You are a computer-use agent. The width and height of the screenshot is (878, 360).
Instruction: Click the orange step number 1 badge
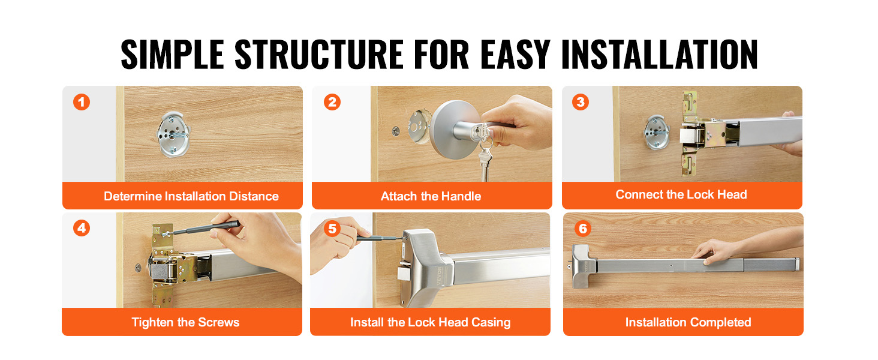point(82,102)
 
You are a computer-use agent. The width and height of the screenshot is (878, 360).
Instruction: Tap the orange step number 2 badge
point(332,102)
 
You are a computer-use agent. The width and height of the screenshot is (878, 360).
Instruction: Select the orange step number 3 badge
point(581,102)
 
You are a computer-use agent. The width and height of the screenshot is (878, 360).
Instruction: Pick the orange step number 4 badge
point(82,228)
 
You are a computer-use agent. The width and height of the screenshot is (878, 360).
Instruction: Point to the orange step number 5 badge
point(332,228)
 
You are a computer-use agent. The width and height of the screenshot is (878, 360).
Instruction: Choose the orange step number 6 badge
point(583,228)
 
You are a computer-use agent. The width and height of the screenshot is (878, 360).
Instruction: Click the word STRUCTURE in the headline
point(319,55)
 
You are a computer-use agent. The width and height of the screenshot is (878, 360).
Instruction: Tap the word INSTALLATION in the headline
point(659,55)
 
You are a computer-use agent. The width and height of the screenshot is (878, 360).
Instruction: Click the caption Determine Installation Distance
point(191,196)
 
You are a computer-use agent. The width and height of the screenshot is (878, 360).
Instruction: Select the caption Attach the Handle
point(431,196)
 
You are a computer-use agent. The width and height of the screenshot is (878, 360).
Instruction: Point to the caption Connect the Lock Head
point(681,194)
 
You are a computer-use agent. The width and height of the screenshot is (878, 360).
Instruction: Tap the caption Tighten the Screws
point(185,322)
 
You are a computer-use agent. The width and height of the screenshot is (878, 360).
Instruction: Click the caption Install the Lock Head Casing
point(431,322)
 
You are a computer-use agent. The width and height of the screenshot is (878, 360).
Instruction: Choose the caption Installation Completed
point(688,322)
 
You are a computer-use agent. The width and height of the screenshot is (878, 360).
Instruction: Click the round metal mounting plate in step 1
point(173,134)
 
